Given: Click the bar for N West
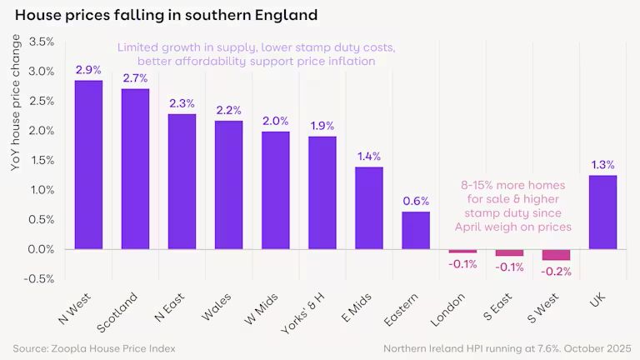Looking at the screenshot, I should (88, 165).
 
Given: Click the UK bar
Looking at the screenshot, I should (602, 212).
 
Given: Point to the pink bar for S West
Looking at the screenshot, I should (556, 255).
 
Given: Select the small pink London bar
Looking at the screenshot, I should (462, 251).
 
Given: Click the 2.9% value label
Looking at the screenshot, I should (88, 70).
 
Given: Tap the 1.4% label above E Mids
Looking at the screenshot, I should (369, 157).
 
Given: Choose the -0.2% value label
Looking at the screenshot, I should (556, 271).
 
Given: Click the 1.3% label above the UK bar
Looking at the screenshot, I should (602, 164).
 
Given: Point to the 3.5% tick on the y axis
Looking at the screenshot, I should (42, 42).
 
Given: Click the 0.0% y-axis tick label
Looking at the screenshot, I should (42, 249).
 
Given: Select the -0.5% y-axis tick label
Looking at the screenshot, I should (40, 278).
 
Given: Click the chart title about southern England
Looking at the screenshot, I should (166, 15).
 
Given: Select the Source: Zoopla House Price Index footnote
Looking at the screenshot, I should (94, 347).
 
